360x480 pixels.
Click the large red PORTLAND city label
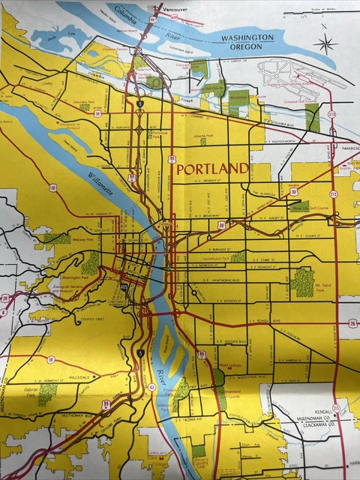pyautogui.click(x=212, y=168)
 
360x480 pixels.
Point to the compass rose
pyautogui.click(x=326, y=42)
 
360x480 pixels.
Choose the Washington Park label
pyautogui.click(x=68, y=277)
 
